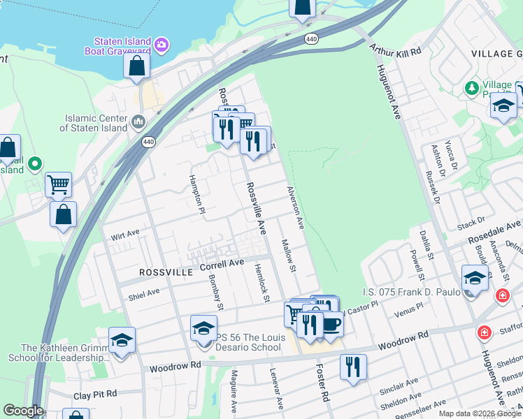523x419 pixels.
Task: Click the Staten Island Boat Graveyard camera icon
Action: (x=162, y=45)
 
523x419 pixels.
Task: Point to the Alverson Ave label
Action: (x=296, y=207)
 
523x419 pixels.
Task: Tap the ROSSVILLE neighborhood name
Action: (x=166, y=272)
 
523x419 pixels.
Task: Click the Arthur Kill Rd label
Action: (x=396, y=52)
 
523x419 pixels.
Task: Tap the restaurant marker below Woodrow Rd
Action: (x=353, y=365)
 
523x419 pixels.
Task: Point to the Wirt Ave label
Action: (x=125, y=235)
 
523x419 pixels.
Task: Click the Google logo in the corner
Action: (x=23, y=411)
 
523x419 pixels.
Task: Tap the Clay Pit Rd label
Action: (x=96, y=395)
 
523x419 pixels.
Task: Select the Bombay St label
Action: (x=216, y=293)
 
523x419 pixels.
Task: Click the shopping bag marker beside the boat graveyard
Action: (x=137, y=66)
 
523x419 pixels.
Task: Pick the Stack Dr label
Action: (x=471, y=223)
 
